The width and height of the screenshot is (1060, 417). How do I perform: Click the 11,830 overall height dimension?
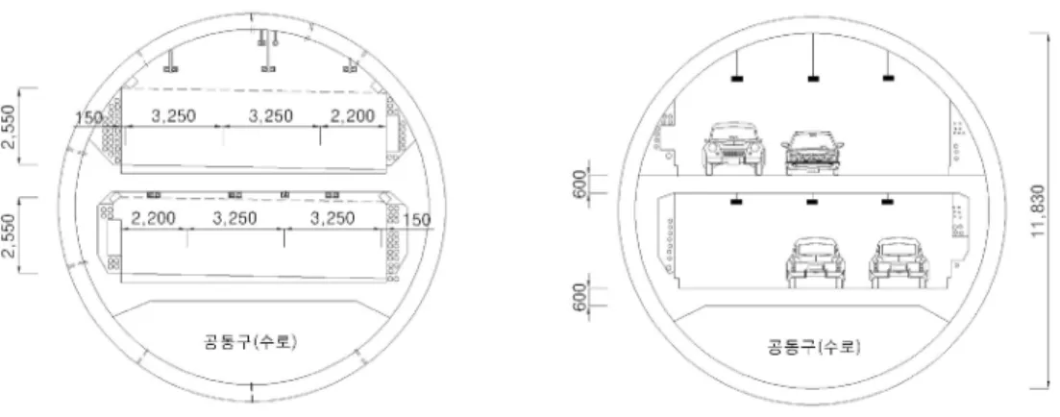click(x=1039, y=210)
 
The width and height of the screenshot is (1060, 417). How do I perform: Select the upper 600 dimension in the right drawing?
click(x=580, y=184)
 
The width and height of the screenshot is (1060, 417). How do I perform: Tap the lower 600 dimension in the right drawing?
click(x=580, y=297)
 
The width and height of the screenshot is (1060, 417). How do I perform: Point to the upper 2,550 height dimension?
click(x=8, y=126)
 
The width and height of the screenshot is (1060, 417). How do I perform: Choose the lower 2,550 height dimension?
click(x=8, y=235)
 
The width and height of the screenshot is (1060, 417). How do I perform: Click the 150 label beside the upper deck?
click(x=88, y=117)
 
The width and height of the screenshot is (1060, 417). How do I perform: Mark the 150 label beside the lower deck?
click(x=416, y=220)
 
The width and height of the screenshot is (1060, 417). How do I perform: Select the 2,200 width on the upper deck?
click(x=352, y=116)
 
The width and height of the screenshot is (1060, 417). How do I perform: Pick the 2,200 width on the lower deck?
click(x=153, y=218)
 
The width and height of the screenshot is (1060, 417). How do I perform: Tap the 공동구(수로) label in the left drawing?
click(x=250, y=341)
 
